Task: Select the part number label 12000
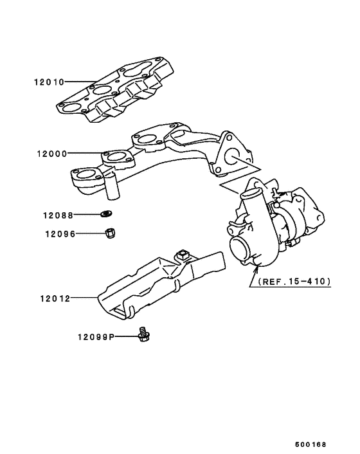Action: [x=51, y=154]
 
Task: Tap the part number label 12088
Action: [x=59, y=215]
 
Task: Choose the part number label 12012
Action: [x=51, y=298]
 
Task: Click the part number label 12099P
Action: [x=95, y=336]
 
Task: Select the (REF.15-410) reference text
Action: [x=294, y=281]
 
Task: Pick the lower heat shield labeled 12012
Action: [x=161, y=283]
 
